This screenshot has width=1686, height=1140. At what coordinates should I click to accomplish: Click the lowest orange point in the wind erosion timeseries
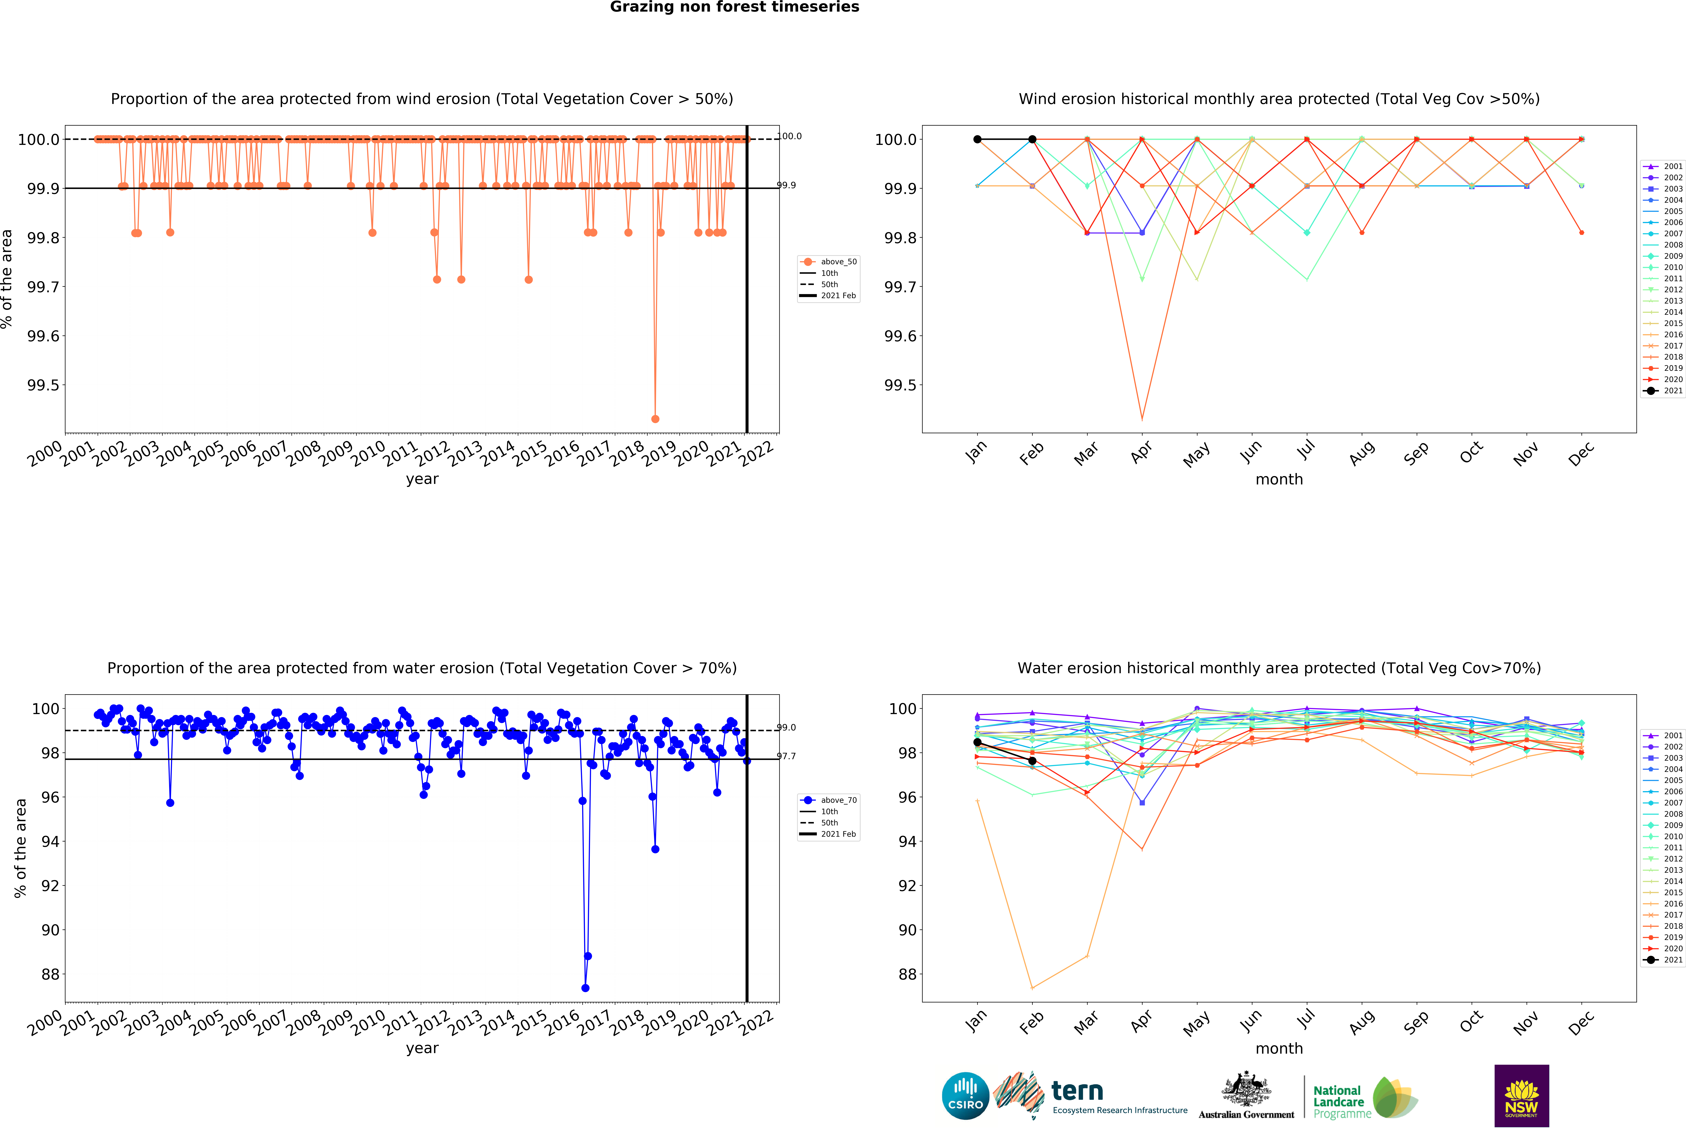[x=655, y=419]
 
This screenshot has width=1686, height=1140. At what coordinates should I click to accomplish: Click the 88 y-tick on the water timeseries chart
[x=50, y=975]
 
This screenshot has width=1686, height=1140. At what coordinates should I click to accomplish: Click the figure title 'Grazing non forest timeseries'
[x=734, y=7]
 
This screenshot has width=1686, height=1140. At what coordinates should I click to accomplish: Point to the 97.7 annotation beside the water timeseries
[x=786, y=756]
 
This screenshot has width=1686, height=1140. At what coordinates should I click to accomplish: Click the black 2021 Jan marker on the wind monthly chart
[x=977, y=139]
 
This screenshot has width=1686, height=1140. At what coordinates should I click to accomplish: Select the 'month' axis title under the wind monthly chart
[x=1279, y=480]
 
